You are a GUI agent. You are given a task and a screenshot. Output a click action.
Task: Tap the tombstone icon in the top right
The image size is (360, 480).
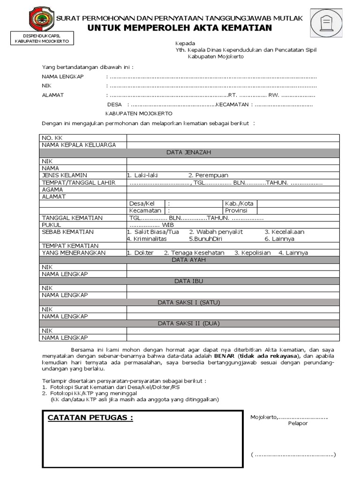click(x=324, y=22)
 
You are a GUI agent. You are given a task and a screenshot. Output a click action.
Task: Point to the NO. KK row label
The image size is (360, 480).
click(x=52, y=138)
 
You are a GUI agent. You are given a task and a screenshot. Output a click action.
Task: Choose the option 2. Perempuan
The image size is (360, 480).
click(x=208, y=175)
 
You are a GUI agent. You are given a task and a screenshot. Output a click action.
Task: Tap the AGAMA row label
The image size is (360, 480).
click(x=52, y=189)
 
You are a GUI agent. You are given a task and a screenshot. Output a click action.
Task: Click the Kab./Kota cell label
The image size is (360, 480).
click(x=238, y=203)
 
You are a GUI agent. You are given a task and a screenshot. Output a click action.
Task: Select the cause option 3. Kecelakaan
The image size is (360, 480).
click(x=284, y=232)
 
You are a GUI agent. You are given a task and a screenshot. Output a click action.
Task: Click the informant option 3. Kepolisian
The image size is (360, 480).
click(x=254, y=253)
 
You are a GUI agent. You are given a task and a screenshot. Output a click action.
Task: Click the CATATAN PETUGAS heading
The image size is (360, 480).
click(x=87, y=418)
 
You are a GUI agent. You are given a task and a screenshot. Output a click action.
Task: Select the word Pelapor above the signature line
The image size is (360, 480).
click(x=298, y=423)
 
